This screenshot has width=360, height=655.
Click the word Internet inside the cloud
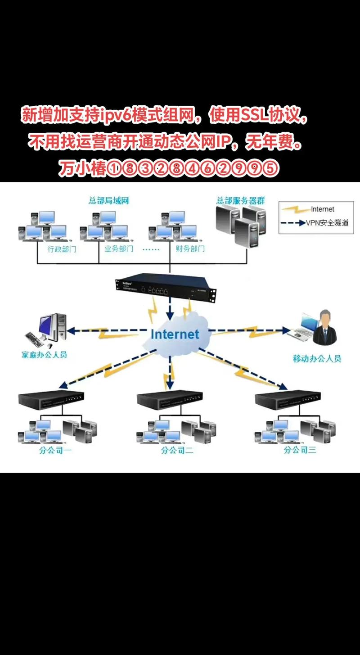point(175,334)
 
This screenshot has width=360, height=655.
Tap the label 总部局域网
point(108,201)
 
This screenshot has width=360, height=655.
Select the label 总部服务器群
point(240,200)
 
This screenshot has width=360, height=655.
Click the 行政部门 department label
point(62,248)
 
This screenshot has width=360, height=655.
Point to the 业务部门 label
point(119,248)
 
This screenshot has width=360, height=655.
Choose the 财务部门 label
point(190,248)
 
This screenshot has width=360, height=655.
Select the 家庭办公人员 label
point(44,355)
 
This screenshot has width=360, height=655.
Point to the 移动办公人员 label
point(317,359)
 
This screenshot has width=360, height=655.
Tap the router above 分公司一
point(51,399)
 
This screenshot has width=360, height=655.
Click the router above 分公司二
point(169,399)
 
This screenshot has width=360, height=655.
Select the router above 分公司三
point(288,399)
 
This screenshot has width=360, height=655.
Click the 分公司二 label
point(177,450)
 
